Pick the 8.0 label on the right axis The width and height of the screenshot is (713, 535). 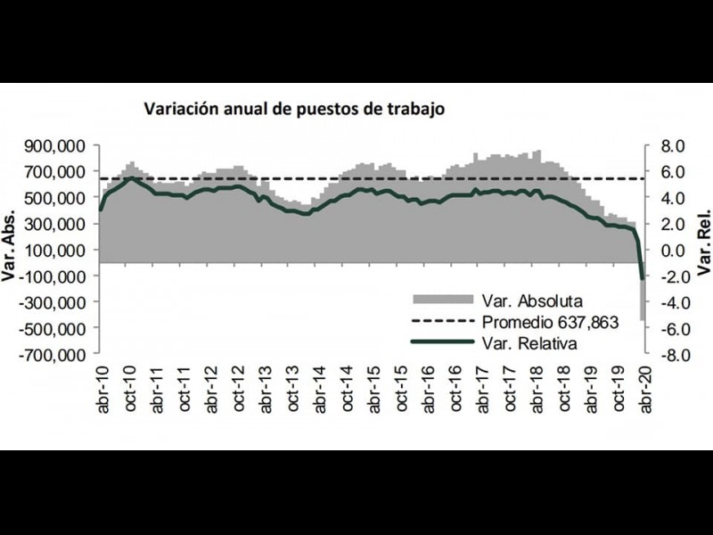669,145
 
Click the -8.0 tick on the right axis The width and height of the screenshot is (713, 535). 668,355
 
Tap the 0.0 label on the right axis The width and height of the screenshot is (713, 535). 669,250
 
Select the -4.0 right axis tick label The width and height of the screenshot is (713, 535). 668,302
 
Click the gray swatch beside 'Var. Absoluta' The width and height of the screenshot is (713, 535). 443,300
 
